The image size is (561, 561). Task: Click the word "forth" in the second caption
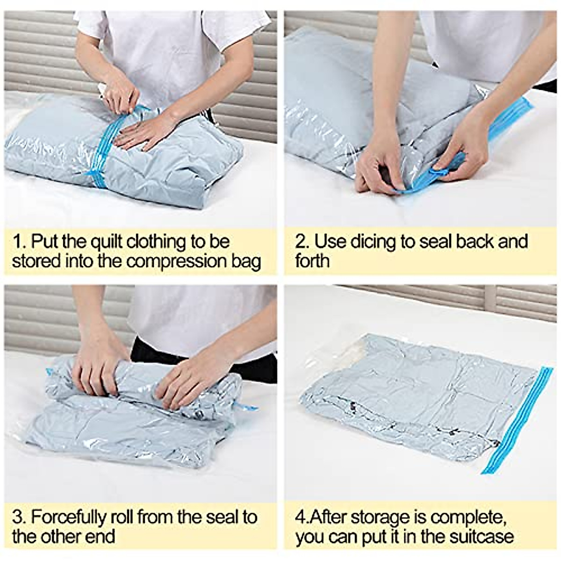click(x=312, y=261)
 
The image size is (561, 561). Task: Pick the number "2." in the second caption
click(x=302, y=242)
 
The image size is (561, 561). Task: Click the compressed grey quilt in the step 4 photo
click(x=411, y=393)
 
